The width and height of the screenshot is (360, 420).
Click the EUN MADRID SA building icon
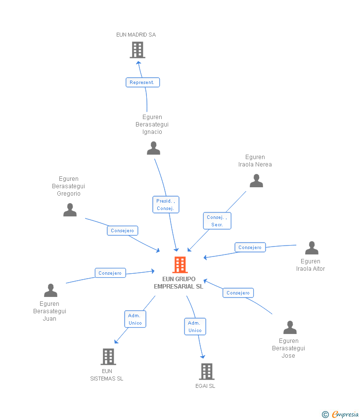coord(137,50)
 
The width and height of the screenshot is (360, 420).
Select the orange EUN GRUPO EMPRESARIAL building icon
coord(180,265)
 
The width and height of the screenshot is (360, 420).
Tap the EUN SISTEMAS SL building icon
coord(108,356)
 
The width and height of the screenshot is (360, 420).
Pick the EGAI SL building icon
coord(207,371)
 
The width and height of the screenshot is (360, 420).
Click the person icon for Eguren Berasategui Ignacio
coord(153,148)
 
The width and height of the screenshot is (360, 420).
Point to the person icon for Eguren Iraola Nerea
coord(256,181)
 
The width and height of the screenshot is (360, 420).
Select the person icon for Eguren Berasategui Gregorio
coord(70,210)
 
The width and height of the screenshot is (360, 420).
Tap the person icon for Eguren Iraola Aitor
coord(312,248)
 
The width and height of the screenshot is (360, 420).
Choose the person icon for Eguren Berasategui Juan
coord(50,291)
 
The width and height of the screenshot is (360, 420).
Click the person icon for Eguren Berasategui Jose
coord(290,328)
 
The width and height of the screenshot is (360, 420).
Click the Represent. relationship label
coord(142,83)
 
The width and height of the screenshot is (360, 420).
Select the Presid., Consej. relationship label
coord(166,205)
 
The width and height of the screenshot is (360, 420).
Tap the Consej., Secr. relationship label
coord(217,221)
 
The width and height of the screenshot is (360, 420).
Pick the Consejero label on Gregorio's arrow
coord(123,231)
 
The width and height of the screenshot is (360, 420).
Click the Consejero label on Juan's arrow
coord(110,273)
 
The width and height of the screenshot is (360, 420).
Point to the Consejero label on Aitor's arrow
coord(250,247)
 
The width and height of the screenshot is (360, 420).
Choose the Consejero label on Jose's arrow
coord(238,293)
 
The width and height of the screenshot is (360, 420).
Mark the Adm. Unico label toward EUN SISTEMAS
coord(135,319)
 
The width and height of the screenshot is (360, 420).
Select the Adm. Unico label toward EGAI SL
coord(195,327)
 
